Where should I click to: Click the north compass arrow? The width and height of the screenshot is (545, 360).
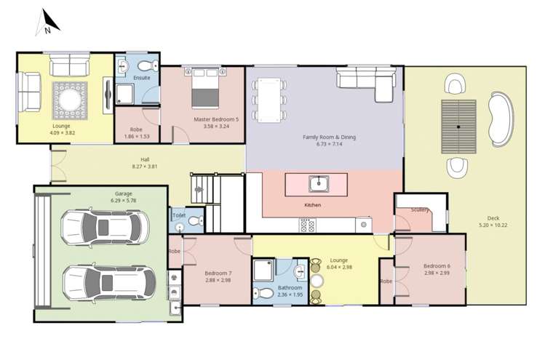tap(44, 23)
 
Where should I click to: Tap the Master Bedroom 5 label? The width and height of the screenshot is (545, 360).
tap(216, 119)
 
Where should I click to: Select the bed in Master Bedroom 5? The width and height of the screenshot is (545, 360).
tap(204, 87)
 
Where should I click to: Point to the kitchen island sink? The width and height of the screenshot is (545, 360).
tap(317, 183)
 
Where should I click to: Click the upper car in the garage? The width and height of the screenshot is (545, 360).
tap(105, 227)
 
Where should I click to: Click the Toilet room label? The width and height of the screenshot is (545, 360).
tap(179, 215)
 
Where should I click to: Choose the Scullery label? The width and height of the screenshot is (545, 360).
tap(419, 209)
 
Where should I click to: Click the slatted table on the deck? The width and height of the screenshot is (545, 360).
tap(458, 127)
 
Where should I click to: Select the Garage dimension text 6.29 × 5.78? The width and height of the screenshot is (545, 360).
tap(122, 200)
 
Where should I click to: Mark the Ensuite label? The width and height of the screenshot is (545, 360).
tap(142, 77)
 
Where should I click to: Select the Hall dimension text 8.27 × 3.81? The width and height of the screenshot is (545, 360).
tap(146, 166)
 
